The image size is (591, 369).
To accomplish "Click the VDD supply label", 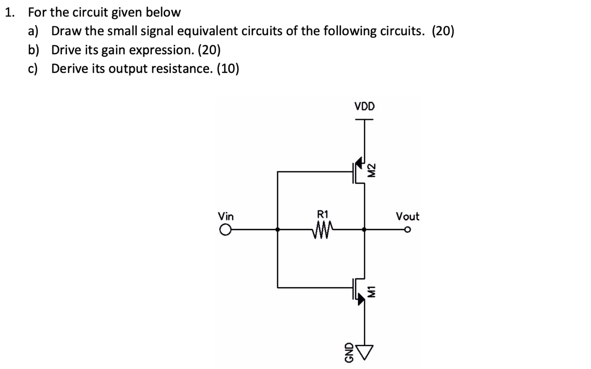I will click(364, 106).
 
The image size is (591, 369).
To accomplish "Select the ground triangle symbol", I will click(363, 349).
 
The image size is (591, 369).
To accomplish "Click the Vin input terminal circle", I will click(225, 230).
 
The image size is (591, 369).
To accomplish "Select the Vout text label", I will click(407, 216).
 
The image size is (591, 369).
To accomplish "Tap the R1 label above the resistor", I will click(322, 213).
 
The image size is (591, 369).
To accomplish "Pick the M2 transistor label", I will click(372, 170).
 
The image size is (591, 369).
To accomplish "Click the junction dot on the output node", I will click(363, 230).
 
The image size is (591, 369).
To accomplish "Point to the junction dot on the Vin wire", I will click(278, 230).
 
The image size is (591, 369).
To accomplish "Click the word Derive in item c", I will click(68, 69).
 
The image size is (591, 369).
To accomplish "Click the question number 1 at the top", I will click(9, 12).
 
